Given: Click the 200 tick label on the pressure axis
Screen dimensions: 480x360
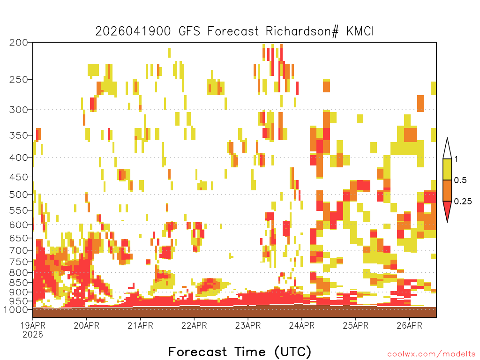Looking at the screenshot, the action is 19,43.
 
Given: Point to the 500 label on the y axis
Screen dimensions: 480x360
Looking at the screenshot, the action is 19,195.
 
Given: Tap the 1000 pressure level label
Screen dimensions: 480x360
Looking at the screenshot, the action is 16,310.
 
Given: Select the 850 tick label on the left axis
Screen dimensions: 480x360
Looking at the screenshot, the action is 19,283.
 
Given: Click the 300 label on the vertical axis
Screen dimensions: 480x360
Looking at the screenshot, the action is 19,110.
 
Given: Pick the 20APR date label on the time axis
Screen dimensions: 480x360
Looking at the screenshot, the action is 87,325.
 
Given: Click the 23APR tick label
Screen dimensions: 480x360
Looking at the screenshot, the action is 248,325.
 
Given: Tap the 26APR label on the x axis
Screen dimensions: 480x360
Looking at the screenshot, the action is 409,325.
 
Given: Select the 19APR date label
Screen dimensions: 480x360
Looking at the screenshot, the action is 33,325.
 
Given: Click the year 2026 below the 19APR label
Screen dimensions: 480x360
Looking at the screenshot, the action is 33,335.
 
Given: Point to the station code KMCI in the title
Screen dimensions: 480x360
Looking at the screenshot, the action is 360,31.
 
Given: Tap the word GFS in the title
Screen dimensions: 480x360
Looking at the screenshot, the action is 189,31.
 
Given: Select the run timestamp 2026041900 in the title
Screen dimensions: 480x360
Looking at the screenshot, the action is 133,31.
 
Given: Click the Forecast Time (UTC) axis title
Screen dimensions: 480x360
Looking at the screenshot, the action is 240,352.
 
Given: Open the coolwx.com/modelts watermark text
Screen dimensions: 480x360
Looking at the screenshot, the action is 432,354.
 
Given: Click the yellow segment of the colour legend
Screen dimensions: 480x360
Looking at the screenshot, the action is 447,169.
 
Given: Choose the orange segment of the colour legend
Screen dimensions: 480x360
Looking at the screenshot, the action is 447,190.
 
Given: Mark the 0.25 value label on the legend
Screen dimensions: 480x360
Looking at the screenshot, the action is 463,202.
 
